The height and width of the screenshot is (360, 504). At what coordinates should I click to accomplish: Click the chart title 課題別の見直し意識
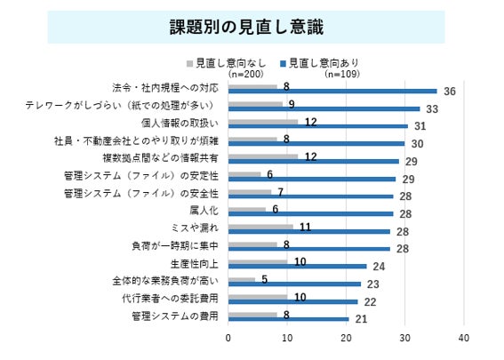pos(246,27)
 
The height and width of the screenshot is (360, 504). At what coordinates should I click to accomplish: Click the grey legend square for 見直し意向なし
pos(189,64)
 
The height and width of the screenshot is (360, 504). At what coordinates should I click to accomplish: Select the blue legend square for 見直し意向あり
pos(283,64)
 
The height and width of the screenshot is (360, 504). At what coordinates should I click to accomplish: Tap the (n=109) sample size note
pos(342,75)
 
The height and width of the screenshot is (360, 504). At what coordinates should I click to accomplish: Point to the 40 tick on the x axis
pos(464,338)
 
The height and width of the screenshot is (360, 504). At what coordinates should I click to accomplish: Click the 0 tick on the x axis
pos(228,338)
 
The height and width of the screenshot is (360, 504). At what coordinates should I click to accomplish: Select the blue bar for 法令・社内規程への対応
pos(332,92)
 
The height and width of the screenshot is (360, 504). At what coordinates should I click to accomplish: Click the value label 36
pos(450,92)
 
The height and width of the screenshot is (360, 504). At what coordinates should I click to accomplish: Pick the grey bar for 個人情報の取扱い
pos(263,122)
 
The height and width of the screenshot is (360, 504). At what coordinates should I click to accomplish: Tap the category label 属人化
pos(204,211)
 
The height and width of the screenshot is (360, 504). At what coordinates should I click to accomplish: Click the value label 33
pos(432,109)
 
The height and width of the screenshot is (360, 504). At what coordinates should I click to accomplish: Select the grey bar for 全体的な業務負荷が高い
pos(242,280)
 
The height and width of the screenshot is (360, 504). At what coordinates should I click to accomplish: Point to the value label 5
pos(265,280)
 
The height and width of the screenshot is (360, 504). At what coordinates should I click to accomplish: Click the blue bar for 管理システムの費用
pos(289,319)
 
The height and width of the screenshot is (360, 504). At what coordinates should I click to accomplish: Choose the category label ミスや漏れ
pos(195,228)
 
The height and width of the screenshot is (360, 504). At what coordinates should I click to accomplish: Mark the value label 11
pos(306,228)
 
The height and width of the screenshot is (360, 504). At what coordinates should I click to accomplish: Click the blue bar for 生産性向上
pos(298,267)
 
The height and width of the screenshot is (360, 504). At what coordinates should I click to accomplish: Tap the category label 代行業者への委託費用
pos(170,299)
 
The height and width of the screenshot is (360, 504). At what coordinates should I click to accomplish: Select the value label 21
pos(361,319)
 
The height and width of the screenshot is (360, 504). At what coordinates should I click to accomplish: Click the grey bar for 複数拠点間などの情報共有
pos(263,156)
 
